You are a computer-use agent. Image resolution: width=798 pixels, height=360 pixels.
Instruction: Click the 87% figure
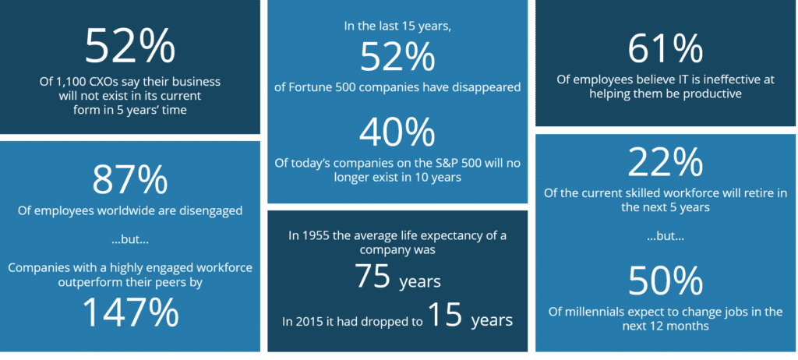pyautogui.click(x=130, y=179)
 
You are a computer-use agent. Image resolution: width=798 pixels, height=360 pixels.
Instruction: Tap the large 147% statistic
pyautogui.click(x=130, y=312)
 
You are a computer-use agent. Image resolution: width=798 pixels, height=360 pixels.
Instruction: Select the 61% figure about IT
pyautogui.click(x=666, y=49)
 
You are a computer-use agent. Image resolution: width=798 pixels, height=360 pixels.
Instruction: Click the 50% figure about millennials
pyautogui.click(x=666, y=281)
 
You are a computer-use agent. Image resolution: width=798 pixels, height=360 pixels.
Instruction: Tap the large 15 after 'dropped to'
pyautogui.click(x=445, y=314)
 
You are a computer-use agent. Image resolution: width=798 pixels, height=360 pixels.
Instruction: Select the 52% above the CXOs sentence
pyautogui.click(x=130, y=46)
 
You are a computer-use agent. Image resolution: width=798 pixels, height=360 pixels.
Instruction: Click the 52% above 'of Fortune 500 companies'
pyautogui.click(x=397, y=58)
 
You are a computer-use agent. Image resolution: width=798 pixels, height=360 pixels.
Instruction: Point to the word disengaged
pyautogui.click(x=210, y=210)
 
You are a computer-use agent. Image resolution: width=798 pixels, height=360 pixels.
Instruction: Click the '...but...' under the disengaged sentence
pyautogui.click(x=130, y=240)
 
